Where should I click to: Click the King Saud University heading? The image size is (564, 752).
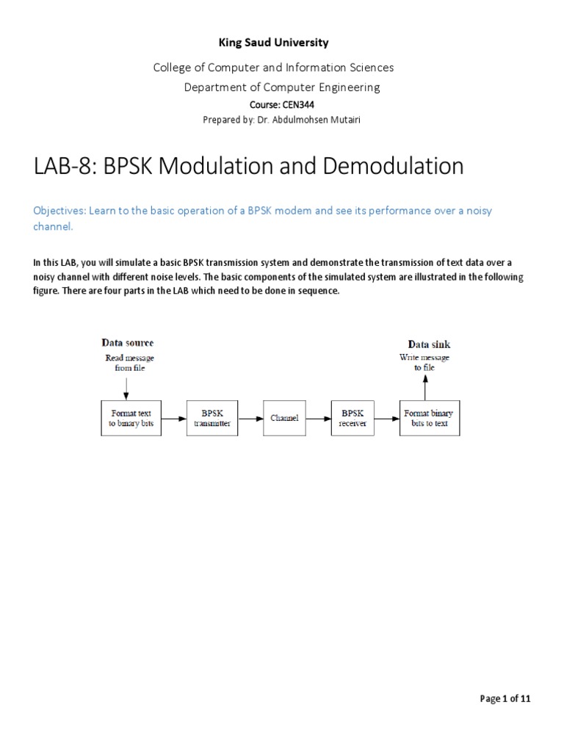(x=274, y=43)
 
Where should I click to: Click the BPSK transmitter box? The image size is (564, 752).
(x=212, y=418)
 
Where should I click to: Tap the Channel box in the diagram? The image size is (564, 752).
(x=284, y=418)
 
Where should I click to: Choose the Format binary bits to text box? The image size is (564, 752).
(x=430, y=418)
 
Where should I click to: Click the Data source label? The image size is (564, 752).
(x=127, y=343)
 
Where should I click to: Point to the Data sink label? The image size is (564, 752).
(x=429, y=344)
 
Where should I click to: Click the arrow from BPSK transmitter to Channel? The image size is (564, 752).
(x=250, y=418)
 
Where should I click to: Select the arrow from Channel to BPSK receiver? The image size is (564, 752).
(x=318, y=418)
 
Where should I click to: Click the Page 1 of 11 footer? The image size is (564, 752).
(x=505, y=698)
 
